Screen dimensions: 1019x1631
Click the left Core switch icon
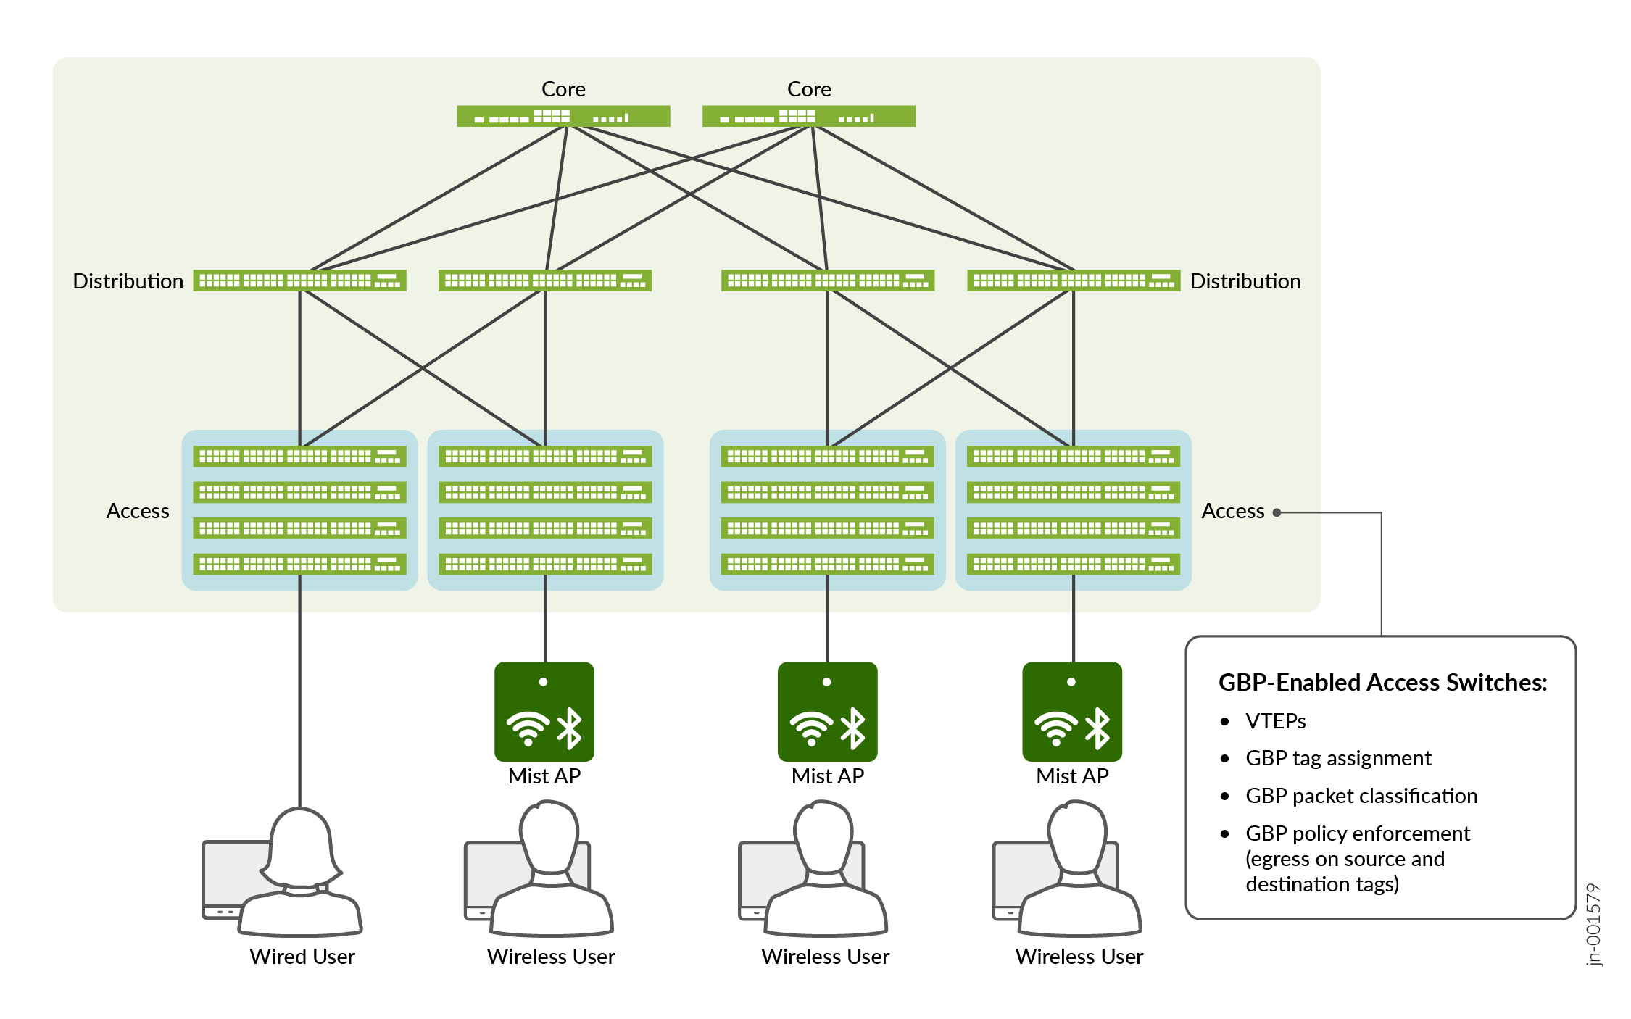[x=563, y=116]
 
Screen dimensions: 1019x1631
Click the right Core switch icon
[x=809, y=116]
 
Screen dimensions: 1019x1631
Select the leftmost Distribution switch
[x=299, y=280]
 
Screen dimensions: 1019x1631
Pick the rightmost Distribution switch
[x=1073, y=280]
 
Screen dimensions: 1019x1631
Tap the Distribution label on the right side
[x=1245, y=281]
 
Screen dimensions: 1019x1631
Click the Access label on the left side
[x=138, y=511]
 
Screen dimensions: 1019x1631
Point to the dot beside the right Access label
[x=1277, y=512]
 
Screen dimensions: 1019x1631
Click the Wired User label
[x=302, y=957]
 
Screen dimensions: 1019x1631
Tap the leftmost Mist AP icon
[x=544, y=712]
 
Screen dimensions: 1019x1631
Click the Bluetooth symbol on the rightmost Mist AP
[x=1097, y=728]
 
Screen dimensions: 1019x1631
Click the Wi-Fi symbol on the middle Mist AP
[x=812, y=728]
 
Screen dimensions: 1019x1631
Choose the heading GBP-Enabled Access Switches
[x=1382, y=683]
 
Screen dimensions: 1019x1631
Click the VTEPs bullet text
[x=1275, y=721]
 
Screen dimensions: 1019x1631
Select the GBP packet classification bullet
[x=1361, y=796]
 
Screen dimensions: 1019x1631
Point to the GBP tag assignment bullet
[x=1338, y=758]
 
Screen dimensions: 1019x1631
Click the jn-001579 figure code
[x=1593, y=924]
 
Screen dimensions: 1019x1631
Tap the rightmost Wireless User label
[x=1079, y=957]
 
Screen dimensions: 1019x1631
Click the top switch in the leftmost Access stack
[x=299, y=456]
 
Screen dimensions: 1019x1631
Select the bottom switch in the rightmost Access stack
[x=1073, y=564]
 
